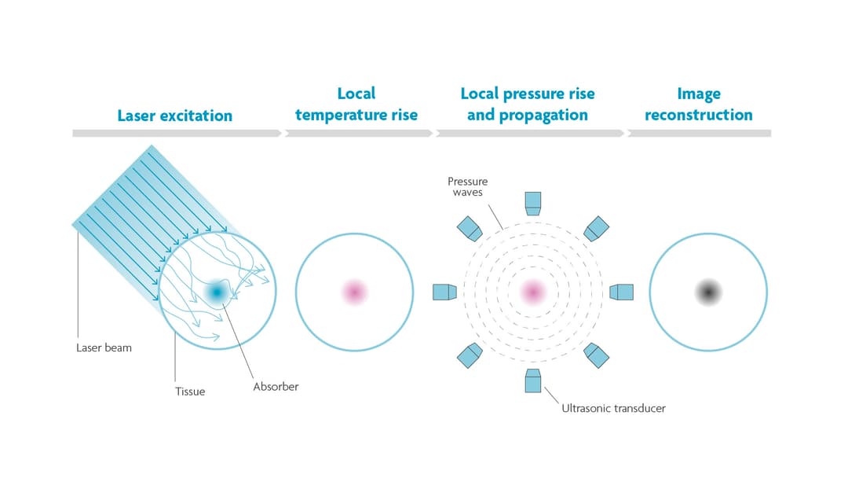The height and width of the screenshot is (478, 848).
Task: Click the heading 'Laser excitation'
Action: tap(175, 116)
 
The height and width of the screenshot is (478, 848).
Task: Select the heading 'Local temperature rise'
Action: tap(356, 105)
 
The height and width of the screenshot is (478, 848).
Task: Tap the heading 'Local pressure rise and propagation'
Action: tap(527, 105)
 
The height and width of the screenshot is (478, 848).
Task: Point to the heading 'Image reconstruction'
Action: tap(698, 105)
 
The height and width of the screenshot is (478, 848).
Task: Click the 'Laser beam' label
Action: tap(104, 347)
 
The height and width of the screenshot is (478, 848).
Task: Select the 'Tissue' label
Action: tap(190, 391)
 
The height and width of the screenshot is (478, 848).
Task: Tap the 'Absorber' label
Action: tap(276, 387)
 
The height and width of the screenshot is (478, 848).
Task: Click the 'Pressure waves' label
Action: tap(468, 187)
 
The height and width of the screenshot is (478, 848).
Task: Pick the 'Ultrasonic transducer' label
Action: tap(613, 408)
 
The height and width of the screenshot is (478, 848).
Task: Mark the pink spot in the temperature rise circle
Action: tap(354, 292)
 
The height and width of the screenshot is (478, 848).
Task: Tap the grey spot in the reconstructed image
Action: tap(708, 292)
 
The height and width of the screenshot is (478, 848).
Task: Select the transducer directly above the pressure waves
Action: tap(533, 203)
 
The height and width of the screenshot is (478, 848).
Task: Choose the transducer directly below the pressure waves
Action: tap(533, 381)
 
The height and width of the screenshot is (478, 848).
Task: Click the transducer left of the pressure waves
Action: tap(444, 292)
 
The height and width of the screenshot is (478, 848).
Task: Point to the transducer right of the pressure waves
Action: tap(622, 292)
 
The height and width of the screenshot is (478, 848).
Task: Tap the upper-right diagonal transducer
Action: tap(596, 228)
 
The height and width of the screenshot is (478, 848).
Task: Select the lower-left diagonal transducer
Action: tap(470, 355)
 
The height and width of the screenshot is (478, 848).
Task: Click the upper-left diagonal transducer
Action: tap(470, 228)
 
